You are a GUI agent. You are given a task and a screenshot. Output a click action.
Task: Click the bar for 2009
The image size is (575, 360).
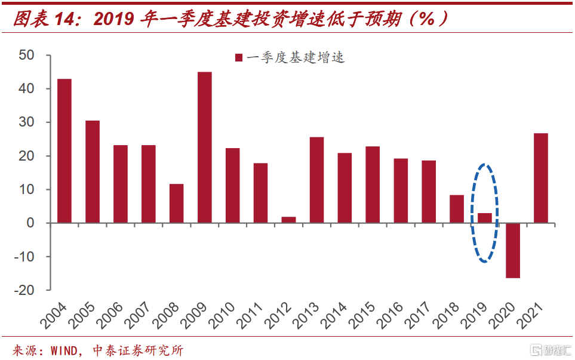click(x=204, y=147)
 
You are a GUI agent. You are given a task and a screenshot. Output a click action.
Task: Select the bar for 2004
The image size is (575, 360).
click(x=64, y=151)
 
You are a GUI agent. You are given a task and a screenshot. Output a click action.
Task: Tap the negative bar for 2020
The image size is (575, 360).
click(x=513, y=250)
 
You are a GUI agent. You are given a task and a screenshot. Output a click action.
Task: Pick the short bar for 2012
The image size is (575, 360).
click(x=288, y=220)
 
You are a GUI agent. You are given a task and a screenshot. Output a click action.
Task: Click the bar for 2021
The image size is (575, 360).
click(x=540, y=178)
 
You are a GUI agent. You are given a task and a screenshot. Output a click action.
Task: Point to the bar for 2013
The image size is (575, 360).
click(x=316, y=180)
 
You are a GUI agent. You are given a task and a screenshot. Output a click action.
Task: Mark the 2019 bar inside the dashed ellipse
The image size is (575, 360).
click(x=485, y=218)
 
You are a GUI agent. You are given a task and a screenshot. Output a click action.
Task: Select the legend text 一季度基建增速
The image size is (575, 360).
click(x=296, y=58)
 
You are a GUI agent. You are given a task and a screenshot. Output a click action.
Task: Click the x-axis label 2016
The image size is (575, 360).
click(x=392, y=316)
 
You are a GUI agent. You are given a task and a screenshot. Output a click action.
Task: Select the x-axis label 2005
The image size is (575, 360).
click(x=84, y=316)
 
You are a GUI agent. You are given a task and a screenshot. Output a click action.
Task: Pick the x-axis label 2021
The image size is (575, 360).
click(x=532, y=316)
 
